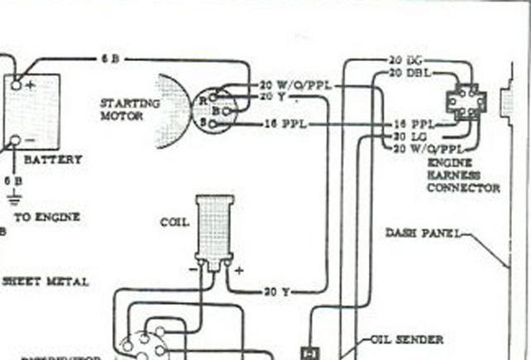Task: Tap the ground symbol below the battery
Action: point(14,199)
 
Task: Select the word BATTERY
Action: point(52,160)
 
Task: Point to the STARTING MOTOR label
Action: point(129,109)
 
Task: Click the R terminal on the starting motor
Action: point(211,97)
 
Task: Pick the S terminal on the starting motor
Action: point(212,123)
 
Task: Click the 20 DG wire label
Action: point(406,60)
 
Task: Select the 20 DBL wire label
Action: point(408,73)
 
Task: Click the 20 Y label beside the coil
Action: point(275,291)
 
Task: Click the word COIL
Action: point(175,223)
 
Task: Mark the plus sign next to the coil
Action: point(240,270)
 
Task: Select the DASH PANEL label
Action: point(423,233)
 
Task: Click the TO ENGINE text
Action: point(46,217)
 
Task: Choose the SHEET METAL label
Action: point(45,281)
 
